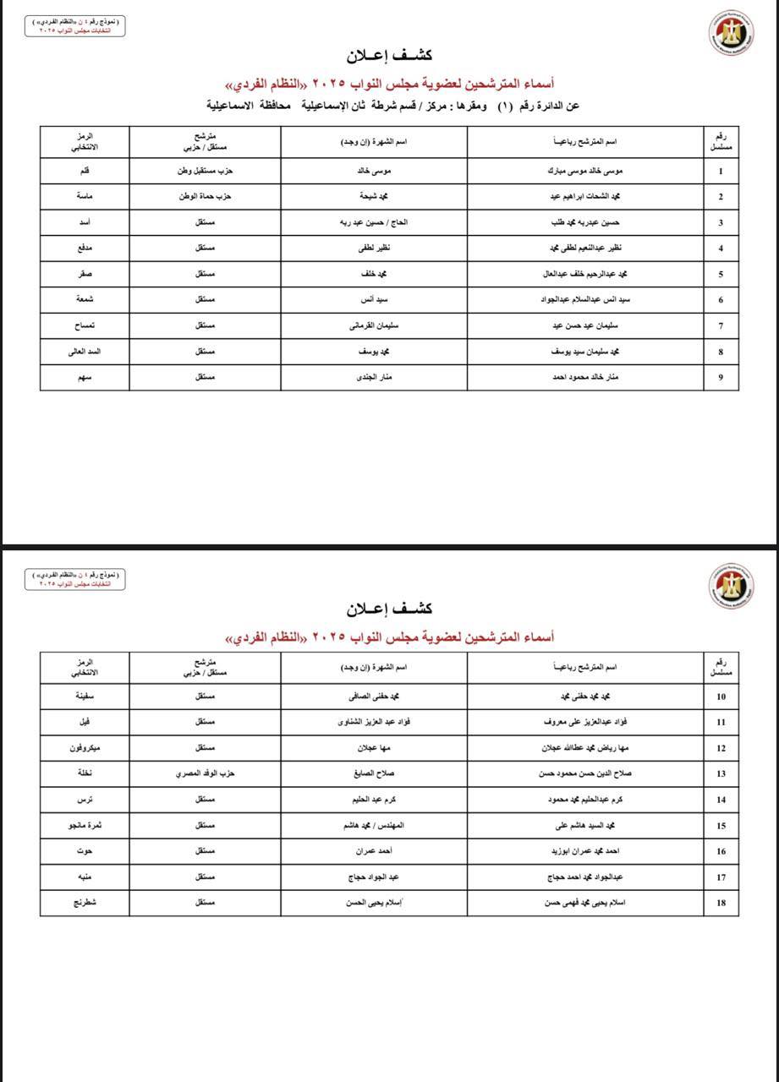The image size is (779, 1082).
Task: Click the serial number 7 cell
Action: click(x=721, y=325)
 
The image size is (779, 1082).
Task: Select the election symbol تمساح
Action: click(x=85, y=325)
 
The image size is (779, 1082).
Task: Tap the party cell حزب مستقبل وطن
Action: click(x=205, y=171)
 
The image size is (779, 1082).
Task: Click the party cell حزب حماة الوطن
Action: click(x=205, y=197)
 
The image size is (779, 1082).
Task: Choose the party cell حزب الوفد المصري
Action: click(x=205, y=773)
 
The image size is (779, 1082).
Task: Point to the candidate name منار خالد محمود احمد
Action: click(x=585, y=377)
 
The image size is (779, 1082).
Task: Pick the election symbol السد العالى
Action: click(x=85, y=351)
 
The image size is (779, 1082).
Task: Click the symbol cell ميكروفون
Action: click(x=85, y=748)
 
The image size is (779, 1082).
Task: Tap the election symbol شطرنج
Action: click(x=85, y=903)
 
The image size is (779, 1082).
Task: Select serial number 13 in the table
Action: click(x=721, y=773)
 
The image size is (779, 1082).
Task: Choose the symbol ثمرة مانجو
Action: click(x=85, y=825)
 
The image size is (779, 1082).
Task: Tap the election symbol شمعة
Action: click(x=85, y=299)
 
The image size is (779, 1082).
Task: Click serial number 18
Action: click(x=721, y=903)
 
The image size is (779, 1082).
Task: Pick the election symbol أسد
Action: click(x=85, y=222)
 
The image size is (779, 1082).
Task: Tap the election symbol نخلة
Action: click(x=85, y=773)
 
